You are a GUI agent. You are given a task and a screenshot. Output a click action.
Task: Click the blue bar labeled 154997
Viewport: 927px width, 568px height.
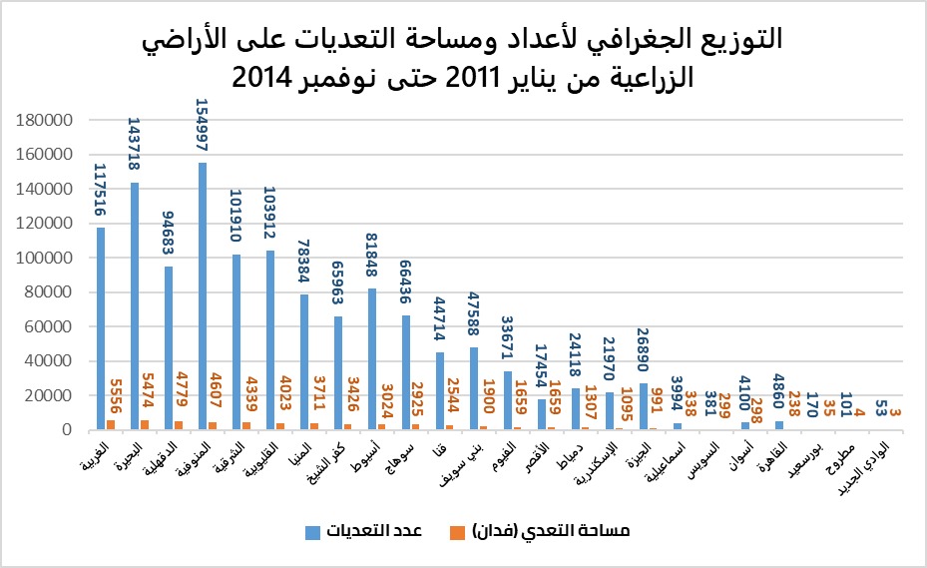203,296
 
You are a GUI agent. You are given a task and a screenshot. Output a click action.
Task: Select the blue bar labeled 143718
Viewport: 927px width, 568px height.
135,306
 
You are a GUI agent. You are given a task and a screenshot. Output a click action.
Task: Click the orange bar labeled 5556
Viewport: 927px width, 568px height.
111,424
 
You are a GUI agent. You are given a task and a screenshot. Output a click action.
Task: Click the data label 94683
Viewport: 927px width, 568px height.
168,233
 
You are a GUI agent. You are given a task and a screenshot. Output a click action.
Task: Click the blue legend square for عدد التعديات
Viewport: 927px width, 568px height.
312,532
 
